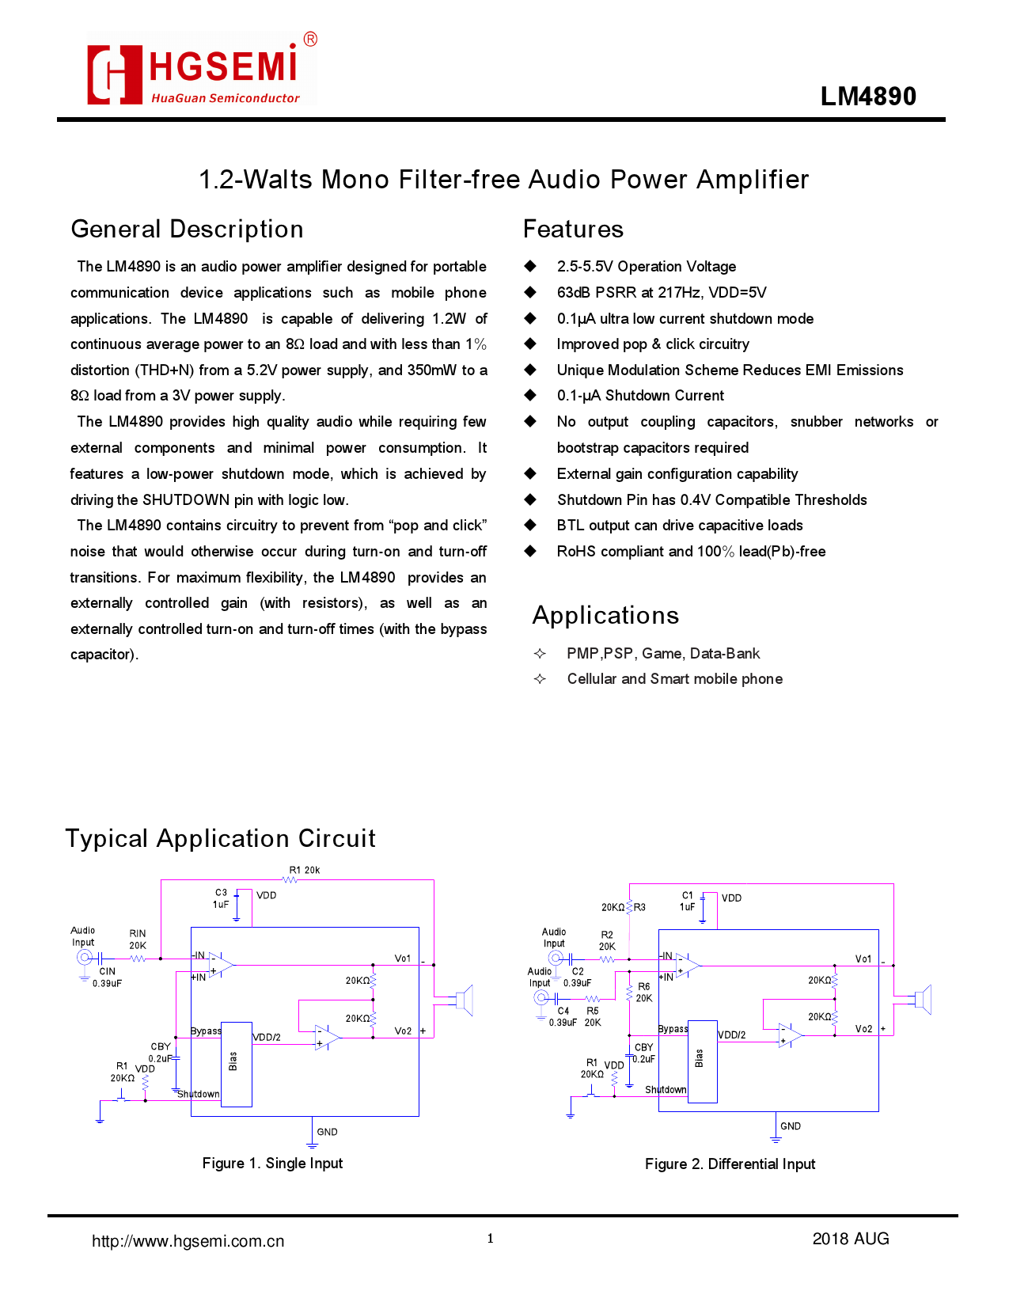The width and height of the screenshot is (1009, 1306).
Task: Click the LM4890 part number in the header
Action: click(867, 97)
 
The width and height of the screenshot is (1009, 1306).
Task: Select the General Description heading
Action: click(187, 230)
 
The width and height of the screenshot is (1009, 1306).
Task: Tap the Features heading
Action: click(573, 230)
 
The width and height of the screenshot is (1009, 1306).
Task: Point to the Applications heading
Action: click(605, 616)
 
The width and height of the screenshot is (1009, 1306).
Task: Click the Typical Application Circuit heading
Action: click(220, 839)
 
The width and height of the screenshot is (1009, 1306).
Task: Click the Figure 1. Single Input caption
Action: click(272, 1164)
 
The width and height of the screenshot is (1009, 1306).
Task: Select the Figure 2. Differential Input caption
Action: click(730, 1164)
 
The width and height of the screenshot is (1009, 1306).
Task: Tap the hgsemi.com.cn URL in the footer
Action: click(188, 1241)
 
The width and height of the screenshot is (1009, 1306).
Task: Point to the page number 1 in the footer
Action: click(491, 1239)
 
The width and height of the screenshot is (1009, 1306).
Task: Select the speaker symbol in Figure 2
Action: click(922, 1000)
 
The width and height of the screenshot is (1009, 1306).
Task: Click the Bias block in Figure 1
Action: click(236, 1064)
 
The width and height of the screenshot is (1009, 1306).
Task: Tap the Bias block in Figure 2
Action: click(702, 1061)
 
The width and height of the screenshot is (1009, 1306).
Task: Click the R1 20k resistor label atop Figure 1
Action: click(305, 871)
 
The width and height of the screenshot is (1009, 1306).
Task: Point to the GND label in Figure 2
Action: click(791, 1126)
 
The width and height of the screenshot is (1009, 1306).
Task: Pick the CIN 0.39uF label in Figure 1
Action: click(108, 978)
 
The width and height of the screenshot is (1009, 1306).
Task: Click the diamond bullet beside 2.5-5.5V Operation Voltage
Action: click(530, 267)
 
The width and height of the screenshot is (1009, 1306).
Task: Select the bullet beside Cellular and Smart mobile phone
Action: click(540, 679)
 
